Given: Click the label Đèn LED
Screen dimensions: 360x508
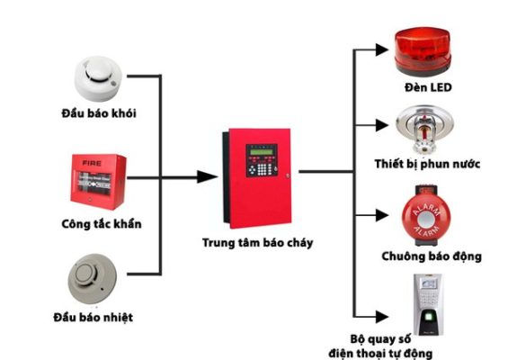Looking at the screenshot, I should tap(427, 87).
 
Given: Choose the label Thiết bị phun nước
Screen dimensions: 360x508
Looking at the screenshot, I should tap(427, 165).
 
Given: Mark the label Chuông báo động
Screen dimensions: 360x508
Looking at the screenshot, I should tap(429, 256).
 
